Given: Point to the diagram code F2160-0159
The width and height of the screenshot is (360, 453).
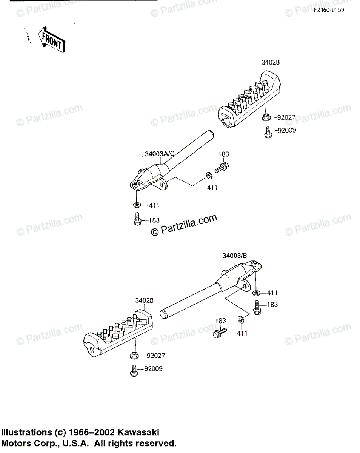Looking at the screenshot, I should coord(329,10).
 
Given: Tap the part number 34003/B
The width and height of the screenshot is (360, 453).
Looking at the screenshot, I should coord(235,256).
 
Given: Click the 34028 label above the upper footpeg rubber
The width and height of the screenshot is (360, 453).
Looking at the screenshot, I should coord(271,63).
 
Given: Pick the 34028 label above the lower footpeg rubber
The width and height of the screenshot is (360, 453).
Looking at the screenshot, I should coord(145,301).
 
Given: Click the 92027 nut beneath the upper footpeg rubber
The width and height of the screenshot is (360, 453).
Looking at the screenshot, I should coord(266,117).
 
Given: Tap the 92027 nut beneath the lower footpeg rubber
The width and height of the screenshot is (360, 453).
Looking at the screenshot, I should coord(134,355).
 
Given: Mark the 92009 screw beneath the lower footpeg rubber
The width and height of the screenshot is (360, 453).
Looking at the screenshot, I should coord(133,370).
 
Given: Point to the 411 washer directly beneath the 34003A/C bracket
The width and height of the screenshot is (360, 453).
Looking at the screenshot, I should coord(137,205).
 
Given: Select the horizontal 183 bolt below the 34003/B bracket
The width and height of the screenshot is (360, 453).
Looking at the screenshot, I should coord(220,333).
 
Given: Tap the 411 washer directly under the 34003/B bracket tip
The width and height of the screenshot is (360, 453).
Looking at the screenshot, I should coord(257,293).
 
